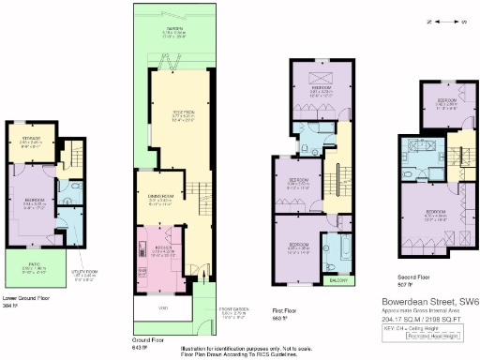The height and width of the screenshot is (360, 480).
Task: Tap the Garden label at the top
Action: pos(174,33)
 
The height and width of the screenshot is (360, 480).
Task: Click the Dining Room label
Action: pos(157,198)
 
